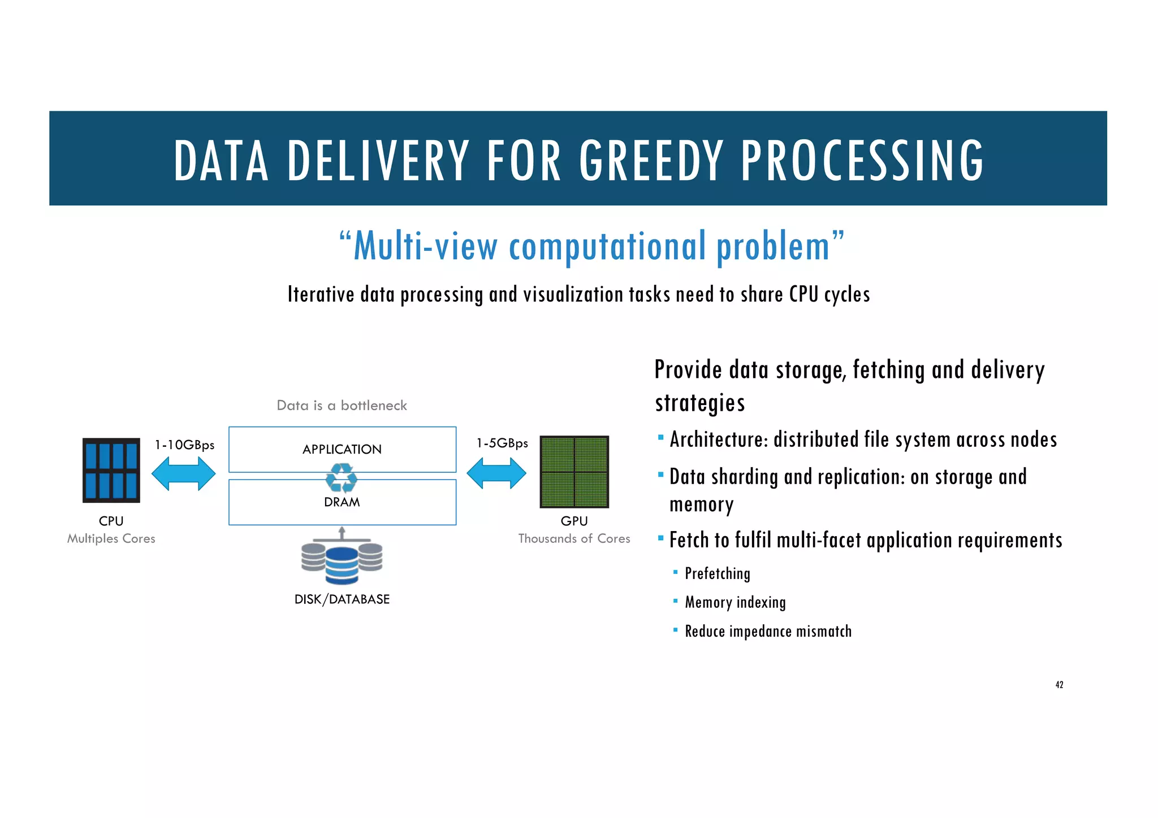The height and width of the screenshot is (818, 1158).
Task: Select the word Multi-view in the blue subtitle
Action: pos(425,247)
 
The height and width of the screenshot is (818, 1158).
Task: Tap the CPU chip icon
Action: pos(111,470)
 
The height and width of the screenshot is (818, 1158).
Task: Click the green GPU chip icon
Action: pos(574,472)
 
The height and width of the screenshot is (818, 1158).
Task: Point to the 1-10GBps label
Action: pos(184,445)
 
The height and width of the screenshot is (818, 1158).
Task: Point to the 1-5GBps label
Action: pos(502,443)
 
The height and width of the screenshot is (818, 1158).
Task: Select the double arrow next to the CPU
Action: pos(184,473)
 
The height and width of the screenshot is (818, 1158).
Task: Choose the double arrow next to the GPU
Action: pos(496,473)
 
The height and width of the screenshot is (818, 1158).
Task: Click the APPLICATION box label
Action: pos(342,450)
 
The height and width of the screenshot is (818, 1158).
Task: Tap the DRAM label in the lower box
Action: pos(342,502)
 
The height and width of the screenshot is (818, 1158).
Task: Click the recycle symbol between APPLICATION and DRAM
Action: pos(342,478)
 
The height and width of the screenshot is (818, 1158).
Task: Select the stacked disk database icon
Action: pos(342,562)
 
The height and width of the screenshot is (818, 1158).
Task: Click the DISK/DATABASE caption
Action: pos(342,599)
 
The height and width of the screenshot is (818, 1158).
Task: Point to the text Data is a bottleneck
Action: pos(342,406)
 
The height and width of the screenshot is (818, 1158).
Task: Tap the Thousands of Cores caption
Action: pos(574,539)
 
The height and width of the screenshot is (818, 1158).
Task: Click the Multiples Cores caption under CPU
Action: pos(111,539)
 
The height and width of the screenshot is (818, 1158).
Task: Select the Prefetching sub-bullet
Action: pos(717,574)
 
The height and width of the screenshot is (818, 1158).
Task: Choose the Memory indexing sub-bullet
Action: pos(735,603)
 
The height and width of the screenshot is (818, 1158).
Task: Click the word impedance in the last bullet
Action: pos(759,632)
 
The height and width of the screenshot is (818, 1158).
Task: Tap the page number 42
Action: pos(1059,685)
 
